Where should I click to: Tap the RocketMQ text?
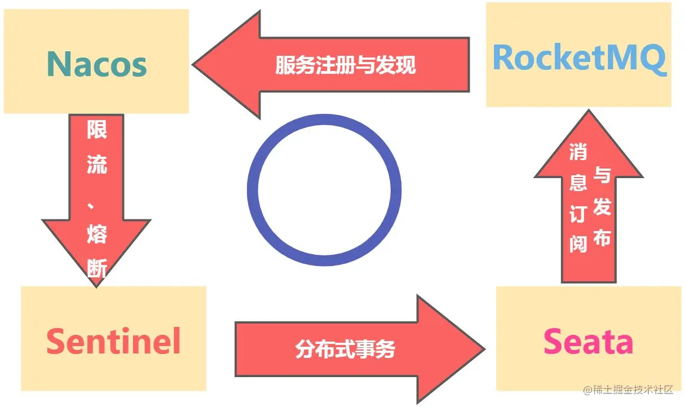click(579, 57)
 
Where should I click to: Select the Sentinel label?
click(113, 341)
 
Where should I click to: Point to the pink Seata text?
click(588, 342)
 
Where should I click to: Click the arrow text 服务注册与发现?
click(345, 65)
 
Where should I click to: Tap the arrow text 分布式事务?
click(345, 350)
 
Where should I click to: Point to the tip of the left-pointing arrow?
click(195, 64)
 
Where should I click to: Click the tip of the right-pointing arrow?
click(483, 350)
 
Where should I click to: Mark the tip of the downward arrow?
click(96, 285)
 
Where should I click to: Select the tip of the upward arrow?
click(588, 112)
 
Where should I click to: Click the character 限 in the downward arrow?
click(96, 130)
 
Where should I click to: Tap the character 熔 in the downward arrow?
click(96, 233)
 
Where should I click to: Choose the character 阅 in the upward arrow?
click(578, 244)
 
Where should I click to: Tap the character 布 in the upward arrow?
click(602, 237)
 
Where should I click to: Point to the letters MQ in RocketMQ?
click(639, 57)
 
